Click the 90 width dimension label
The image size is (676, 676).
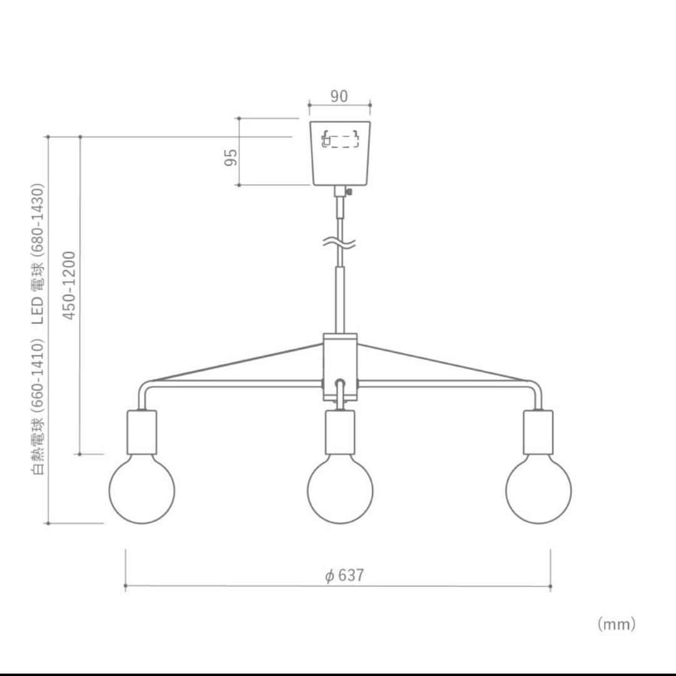tap(339, 96)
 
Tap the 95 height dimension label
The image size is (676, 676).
tap(231, 157)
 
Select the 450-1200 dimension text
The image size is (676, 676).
tap(69, 285)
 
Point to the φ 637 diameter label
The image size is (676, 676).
tap(344, 575)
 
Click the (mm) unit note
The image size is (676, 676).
tap(617, 623)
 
